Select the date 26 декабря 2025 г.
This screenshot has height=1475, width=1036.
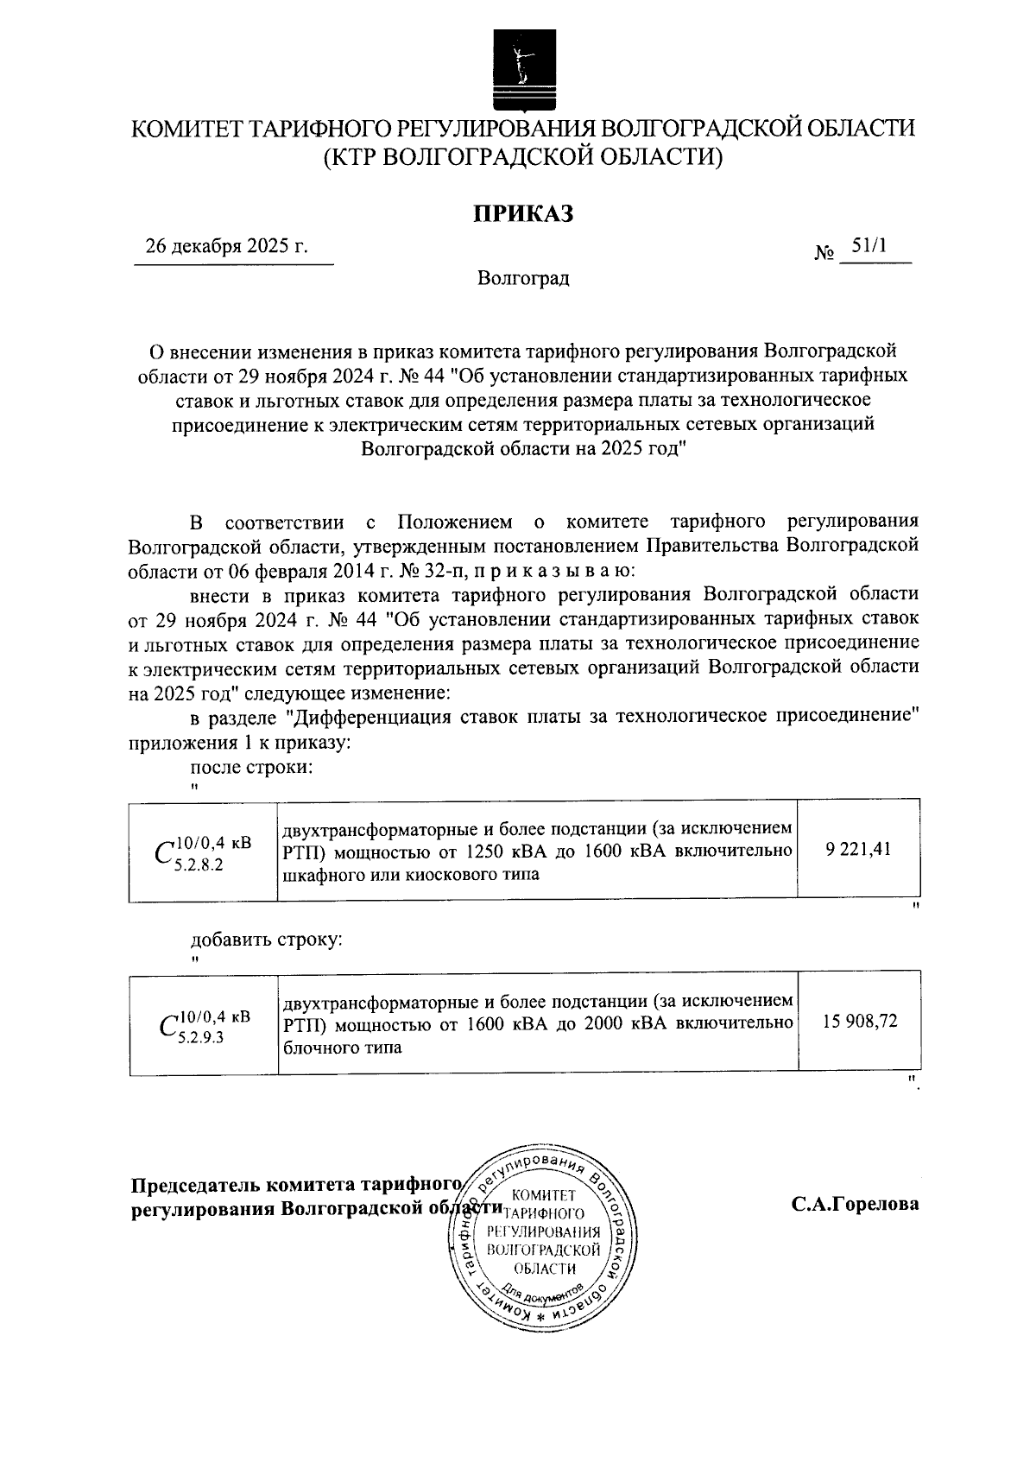coord(227,246)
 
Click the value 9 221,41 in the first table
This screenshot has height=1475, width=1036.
coord(857,850)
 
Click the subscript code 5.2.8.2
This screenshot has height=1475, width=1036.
coord(199,865)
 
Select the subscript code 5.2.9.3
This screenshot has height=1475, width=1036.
coord(199,1038)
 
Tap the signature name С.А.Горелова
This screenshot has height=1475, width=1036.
coord(856,1204)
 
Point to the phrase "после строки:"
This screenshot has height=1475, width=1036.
coord(250,767)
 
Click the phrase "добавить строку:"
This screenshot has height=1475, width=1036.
coord(266,940)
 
